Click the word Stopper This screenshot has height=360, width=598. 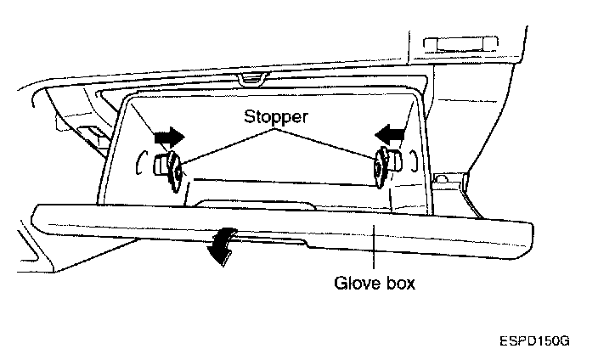click(x=277, y=116)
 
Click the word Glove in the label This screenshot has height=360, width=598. click(x=353, y=283)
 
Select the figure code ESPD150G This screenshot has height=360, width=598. click(x=533, y=340)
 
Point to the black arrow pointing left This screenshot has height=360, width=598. click(x=392, y=132)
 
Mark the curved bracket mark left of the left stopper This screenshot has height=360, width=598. click(x=138, y=163)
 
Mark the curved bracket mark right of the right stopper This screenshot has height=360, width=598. click(x=414, y=160)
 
